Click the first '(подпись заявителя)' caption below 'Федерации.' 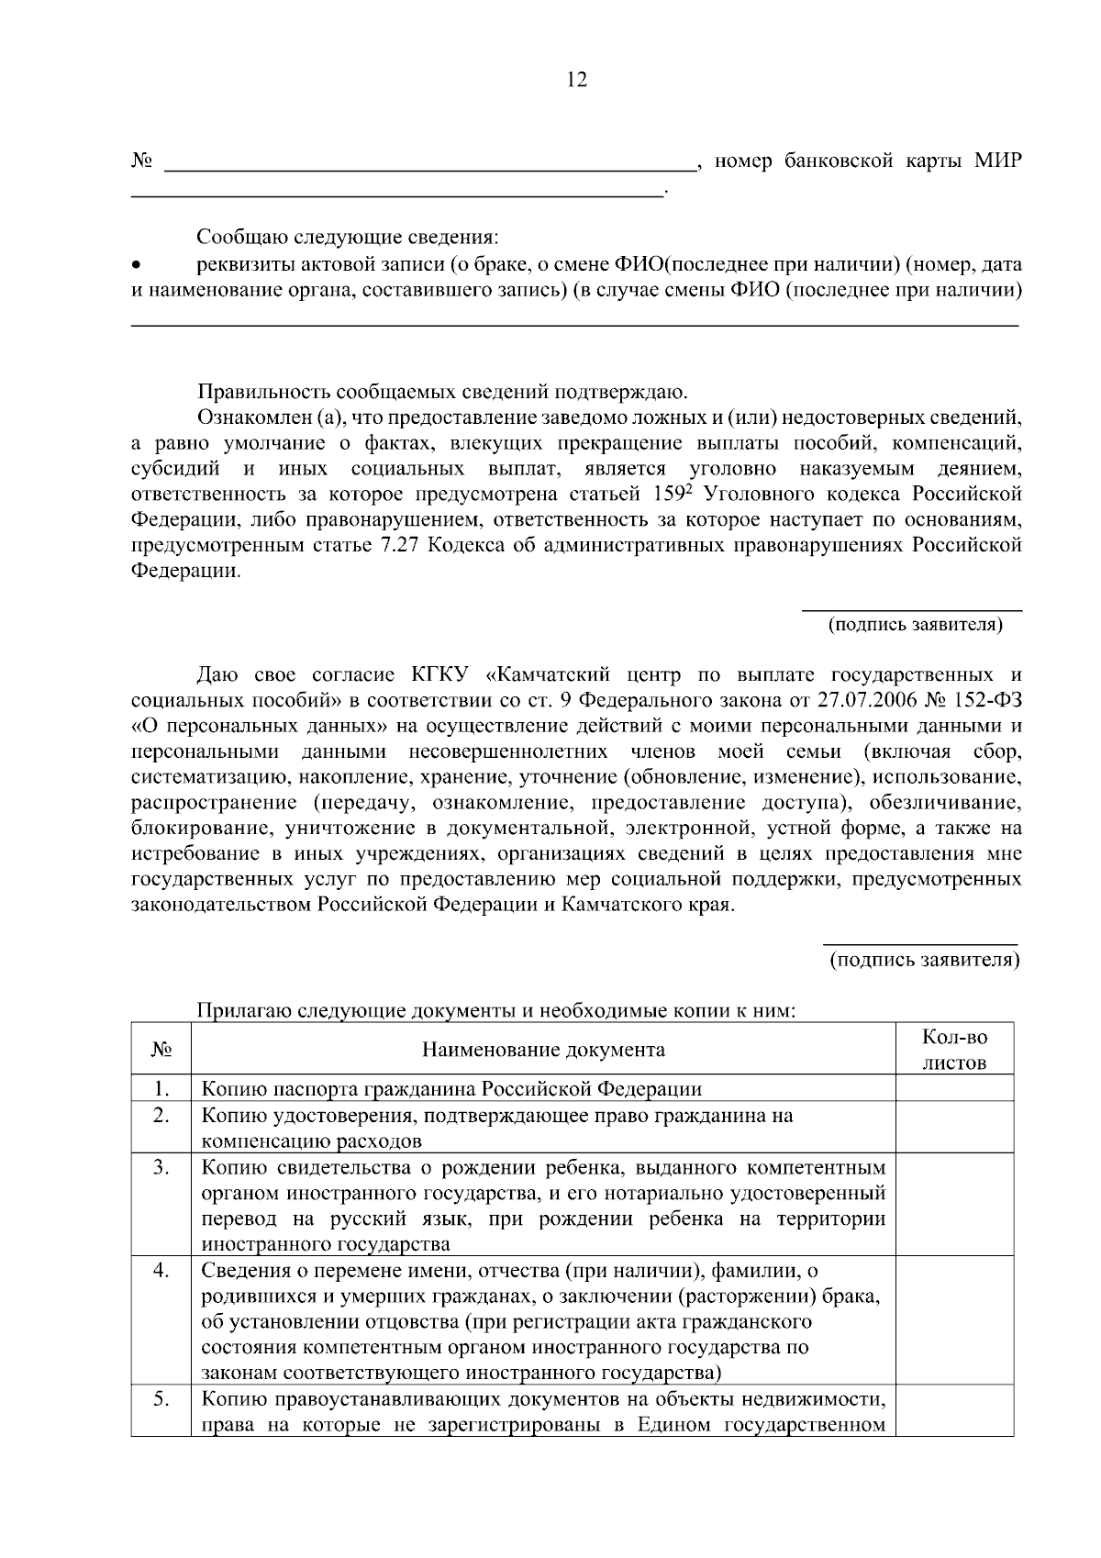915,626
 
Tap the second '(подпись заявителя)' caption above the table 924,961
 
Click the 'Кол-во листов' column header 954,1050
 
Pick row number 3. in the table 161,1168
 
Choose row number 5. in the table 161,1400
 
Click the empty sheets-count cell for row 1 954,1089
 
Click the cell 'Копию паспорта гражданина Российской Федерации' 451,1089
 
